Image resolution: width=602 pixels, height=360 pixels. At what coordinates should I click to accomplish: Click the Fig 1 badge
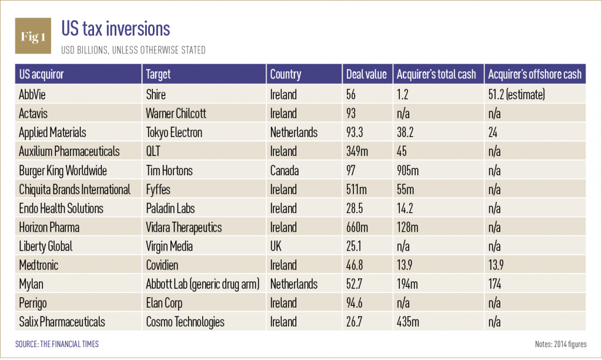click(33, 37)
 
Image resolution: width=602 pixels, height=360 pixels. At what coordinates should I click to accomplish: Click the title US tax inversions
click(116, 29)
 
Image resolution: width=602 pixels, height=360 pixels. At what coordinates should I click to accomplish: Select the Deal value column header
click(366, 74)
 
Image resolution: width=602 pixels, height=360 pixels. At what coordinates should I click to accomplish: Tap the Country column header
click(285, 74)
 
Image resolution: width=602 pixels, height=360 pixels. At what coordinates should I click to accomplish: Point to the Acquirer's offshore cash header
click(534, 74)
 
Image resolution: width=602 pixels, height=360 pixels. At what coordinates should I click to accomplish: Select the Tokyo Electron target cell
click(173, 132)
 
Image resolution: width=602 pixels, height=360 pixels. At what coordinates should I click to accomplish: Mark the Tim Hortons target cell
click(169, 170)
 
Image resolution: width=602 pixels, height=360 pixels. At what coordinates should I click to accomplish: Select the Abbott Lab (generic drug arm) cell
click(202, 284)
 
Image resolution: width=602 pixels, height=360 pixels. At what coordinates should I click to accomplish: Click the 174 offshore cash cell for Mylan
click(495, 284)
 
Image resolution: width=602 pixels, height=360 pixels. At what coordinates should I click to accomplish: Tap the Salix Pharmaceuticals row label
click(62, 322)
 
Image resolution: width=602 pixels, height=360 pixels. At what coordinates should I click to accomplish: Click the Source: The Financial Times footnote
click(57, 344)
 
